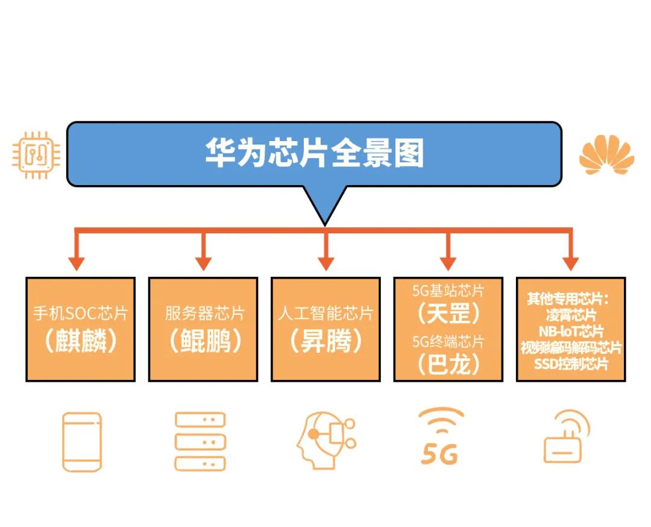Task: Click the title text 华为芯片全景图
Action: coord(314,153)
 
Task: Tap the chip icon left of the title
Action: coord(36,155)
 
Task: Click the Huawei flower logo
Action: coord(606,154)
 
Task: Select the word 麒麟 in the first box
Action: coord(81,341)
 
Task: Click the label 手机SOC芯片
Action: coord(81,313)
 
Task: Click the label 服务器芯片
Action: coord(205,313)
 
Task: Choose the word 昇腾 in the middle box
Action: coord(326,341)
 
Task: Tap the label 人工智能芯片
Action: coord(326,313)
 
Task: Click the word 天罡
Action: coord(448,314)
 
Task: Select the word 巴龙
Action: coord(448,364)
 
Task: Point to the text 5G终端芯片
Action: coord(448,342)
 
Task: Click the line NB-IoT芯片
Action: coord(571,332)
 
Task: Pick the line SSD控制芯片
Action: coord(571,364)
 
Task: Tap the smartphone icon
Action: coord(82,442)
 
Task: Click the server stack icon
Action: coord(200,441)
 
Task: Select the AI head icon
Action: coord(326,441)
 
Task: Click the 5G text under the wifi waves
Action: coord(439,454)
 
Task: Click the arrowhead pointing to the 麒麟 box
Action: coord(77,263)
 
